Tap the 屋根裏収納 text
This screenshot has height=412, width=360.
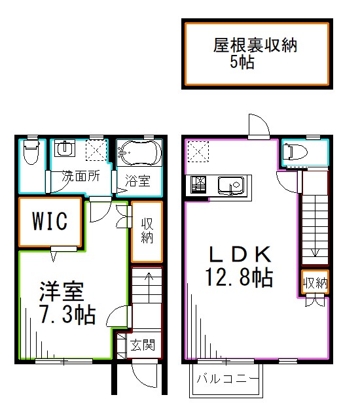256,46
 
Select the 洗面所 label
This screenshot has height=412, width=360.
81,176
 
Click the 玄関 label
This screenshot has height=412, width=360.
143,345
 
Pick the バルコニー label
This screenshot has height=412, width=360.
228,378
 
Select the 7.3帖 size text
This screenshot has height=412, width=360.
66,315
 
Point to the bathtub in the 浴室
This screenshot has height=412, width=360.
139,154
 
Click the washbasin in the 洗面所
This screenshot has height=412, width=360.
64,150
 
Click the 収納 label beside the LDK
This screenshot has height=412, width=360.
315,283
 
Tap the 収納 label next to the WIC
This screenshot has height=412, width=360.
147,230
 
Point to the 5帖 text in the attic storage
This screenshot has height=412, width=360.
242,63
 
